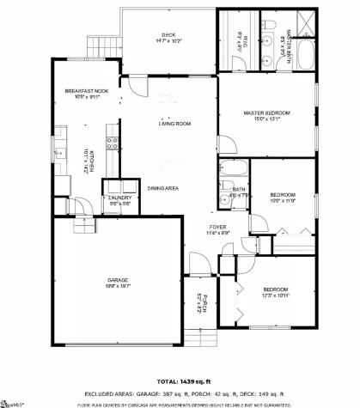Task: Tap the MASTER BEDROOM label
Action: pyautogui.click(x=265, y=113)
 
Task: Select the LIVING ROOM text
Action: pyautogui.click(x=174, y=124)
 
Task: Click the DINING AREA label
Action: pyautogui.click(x=162, y=188)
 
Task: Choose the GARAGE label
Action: pyautogui.click(x=117, y=280)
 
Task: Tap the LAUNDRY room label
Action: pyautogui.click(x=119, y=198)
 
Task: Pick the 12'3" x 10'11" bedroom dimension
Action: pyautogui.click(x=275, y=295)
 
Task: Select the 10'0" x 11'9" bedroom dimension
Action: pyautogui.click(x=283, y=200)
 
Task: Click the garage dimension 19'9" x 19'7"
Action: pyautogui.click(x=117, y=286)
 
